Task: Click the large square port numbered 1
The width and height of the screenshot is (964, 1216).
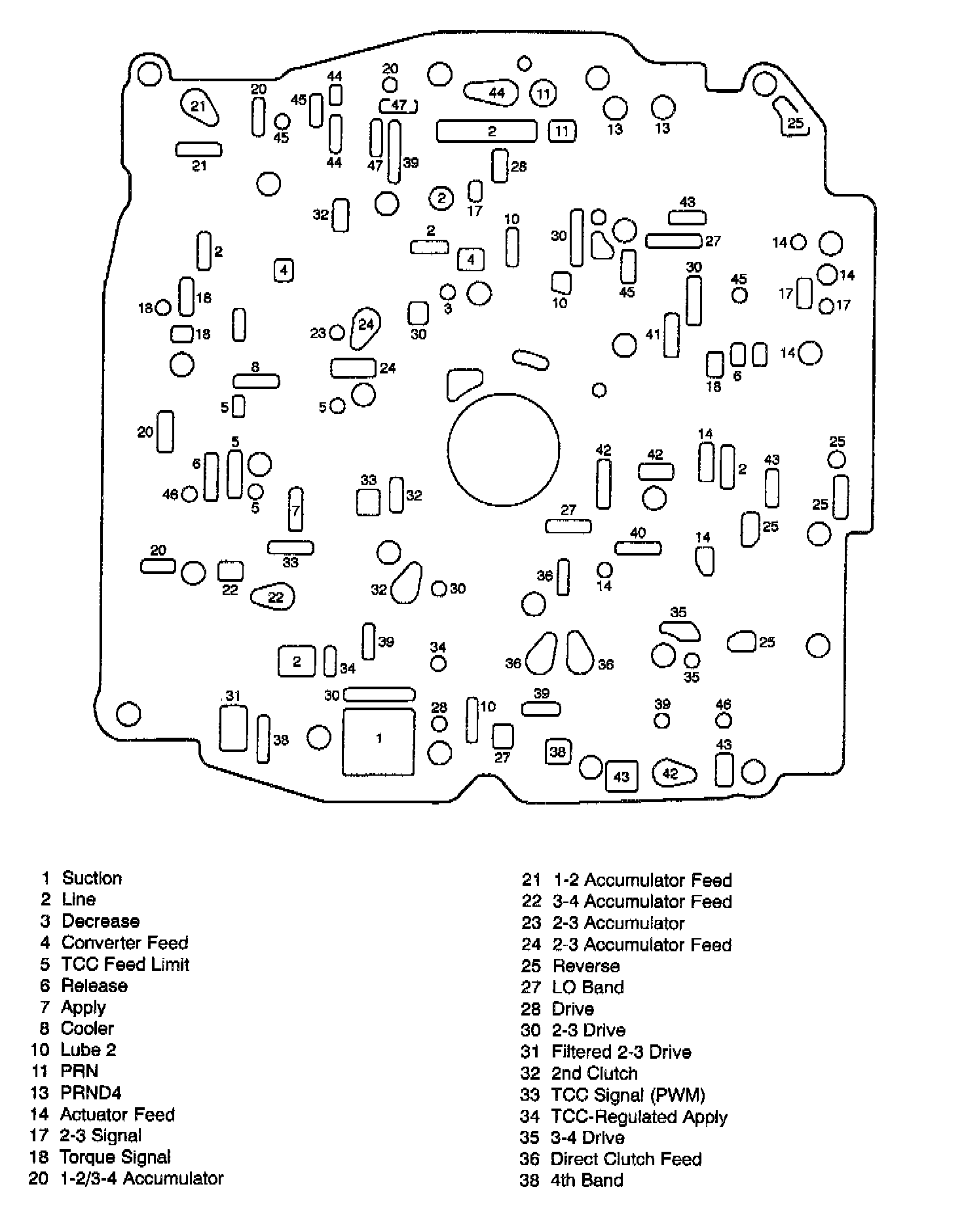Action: pos(379,741)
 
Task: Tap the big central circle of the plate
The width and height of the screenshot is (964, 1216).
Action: pos(504,449)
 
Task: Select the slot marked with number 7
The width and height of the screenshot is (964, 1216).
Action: pos(296,509)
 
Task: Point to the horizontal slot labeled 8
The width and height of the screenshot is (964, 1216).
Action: pos(256,381)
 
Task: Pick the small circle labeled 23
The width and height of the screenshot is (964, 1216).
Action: pos(337,333)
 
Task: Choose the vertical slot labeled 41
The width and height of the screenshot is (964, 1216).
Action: pos(671,335)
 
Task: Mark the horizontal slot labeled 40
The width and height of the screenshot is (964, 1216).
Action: pos(638,548)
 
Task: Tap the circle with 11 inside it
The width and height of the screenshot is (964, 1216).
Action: pos(543,94)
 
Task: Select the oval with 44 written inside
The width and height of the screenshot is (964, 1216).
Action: pos(492,92)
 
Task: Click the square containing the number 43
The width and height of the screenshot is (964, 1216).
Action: pos(621,776)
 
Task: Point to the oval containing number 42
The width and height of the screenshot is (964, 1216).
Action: pos(674,774)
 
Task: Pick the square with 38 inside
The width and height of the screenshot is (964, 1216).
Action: pos(557,751)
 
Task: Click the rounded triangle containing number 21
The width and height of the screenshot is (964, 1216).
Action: pos(198,106)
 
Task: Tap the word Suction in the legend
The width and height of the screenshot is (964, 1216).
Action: pos(92,878)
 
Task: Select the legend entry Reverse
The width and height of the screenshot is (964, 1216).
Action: pos(586,966)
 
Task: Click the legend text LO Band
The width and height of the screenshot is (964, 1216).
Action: pos(587,987)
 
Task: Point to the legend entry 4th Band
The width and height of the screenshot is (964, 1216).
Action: pos(587,1180)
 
